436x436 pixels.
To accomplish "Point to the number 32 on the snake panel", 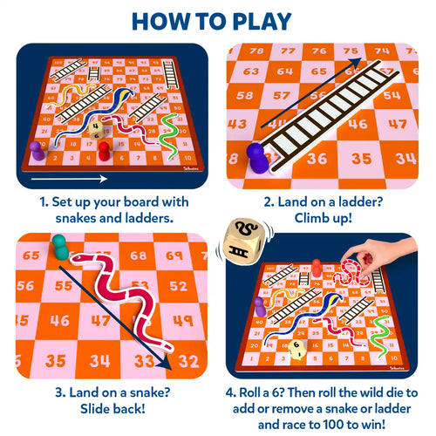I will pos(188,359).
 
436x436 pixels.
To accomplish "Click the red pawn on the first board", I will pos(104,152).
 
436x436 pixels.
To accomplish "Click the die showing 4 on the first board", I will pos(96,125).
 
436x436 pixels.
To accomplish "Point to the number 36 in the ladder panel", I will pos(317,158).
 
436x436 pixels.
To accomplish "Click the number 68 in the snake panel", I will pos(138,255).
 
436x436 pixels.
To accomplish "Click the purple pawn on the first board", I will pos(37,151).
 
